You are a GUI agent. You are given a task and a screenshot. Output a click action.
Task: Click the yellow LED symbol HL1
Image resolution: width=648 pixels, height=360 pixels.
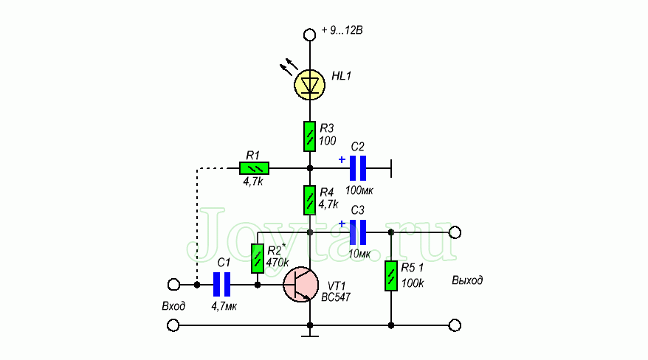[310, 84]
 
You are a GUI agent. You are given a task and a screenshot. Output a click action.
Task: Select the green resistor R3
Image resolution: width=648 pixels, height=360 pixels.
[310, 136]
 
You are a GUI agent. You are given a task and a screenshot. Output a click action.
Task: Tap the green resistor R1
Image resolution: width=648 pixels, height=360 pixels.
[254, 168]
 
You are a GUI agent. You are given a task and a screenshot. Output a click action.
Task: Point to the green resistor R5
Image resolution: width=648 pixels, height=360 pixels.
[390, 277]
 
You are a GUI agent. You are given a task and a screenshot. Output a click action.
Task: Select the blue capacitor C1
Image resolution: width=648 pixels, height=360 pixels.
[222, 284]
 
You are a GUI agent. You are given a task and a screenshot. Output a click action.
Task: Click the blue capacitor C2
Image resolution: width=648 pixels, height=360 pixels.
[358, 168]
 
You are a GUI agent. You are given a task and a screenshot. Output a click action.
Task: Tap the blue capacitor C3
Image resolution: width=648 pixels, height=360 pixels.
[358, 232]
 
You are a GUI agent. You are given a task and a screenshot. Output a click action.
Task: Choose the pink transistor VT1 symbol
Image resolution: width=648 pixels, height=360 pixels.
[301, 285]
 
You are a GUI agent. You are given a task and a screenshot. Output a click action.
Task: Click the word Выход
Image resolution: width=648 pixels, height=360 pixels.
[467, 281]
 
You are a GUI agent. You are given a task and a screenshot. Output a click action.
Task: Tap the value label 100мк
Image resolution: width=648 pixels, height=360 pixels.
[359, 190]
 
